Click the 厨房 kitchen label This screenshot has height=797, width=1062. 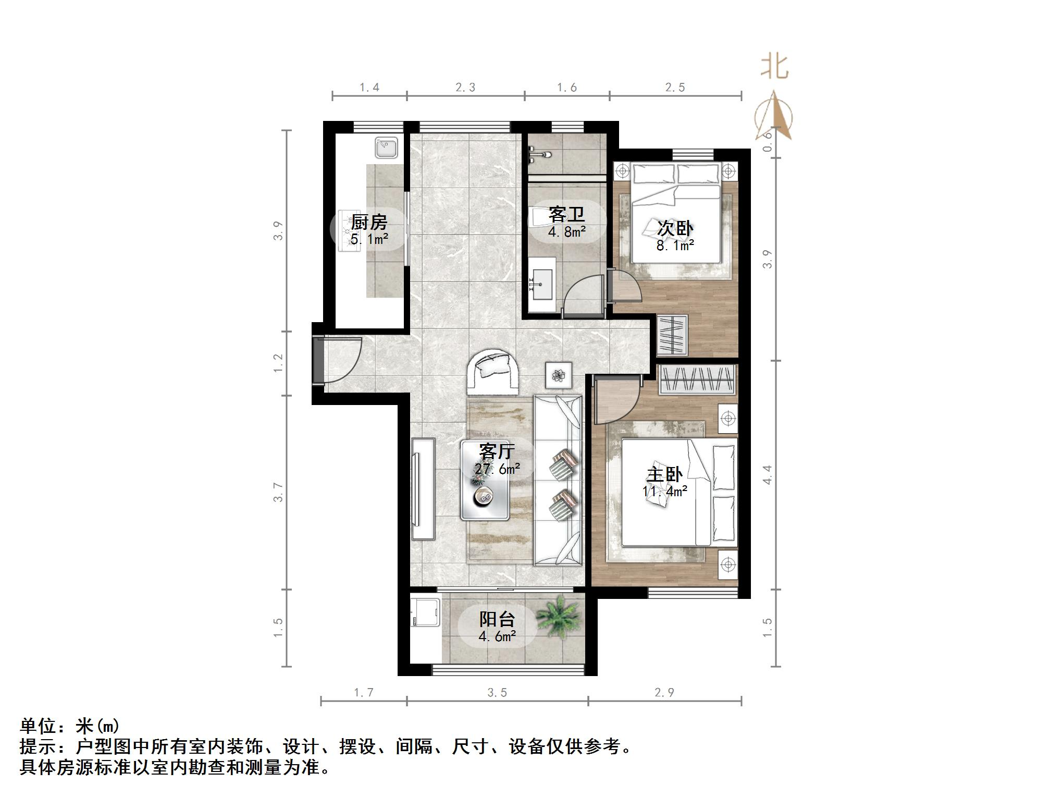click(369, 223)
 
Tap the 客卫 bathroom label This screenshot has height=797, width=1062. click(566, 214)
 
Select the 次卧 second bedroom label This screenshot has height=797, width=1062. click(675, 228)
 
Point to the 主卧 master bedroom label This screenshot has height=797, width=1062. click(664, 475)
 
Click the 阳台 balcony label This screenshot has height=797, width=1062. click(497, 619)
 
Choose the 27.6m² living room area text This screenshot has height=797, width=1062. click(497, 469)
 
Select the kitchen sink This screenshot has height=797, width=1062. click(387, 147)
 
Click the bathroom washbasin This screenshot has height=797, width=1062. click(542, 285)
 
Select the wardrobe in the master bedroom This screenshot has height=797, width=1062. click(697, 380)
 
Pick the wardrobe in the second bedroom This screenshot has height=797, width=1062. click(672, 335)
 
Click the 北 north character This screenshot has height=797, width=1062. click(775, 68)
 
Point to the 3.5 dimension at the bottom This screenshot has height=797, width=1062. click(497, 693)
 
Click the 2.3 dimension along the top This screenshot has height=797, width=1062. click(465, 88)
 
